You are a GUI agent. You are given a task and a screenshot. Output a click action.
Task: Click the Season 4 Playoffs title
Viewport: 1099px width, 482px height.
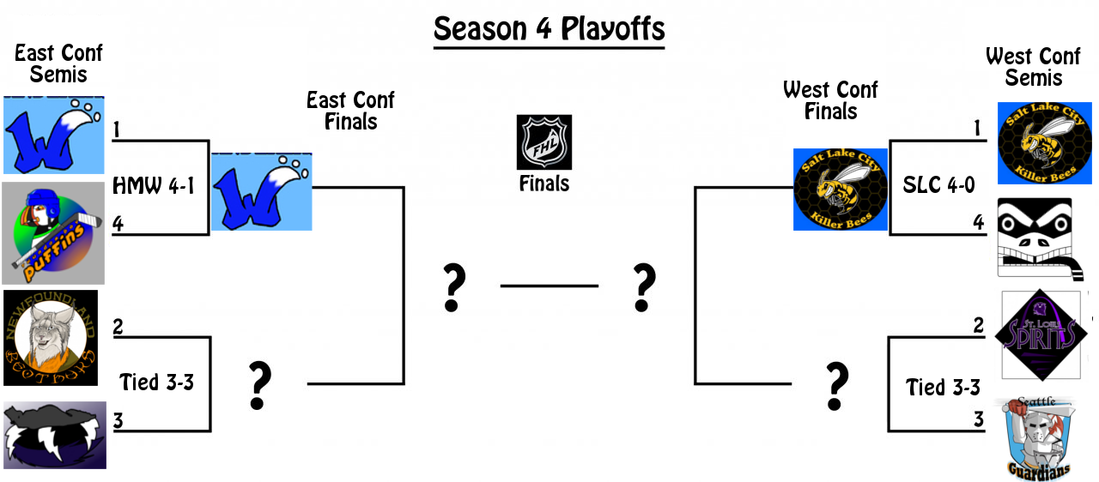[x=549, y=29]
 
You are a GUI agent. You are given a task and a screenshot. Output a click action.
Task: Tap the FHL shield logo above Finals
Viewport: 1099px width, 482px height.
[x=543, y=142]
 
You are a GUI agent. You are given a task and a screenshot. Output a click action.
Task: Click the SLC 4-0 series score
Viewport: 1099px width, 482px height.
[x=938, y=184]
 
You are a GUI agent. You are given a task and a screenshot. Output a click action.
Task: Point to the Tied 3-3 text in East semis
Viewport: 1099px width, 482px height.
[x=157, y=382]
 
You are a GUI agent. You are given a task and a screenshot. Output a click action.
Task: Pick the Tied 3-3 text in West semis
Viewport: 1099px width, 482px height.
[x=943, y=388]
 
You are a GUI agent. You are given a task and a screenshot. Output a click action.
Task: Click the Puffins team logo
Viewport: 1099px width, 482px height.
[x=52, y=232]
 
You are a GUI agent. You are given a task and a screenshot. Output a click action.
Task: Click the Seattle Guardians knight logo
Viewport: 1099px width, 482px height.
[x=1039, y=436]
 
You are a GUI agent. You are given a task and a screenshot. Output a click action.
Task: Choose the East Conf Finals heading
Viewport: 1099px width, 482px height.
[x=350, y=111]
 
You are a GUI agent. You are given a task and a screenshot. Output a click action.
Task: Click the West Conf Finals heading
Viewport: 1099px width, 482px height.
[x=830, y=101]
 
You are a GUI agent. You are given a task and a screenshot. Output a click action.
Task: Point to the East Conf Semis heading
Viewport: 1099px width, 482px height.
[x=58, y=63]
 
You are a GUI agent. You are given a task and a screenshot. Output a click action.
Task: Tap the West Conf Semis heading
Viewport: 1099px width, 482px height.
[x=1033, y=67]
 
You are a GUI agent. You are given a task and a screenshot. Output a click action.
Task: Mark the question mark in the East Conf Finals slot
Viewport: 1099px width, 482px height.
[x=258, y=385]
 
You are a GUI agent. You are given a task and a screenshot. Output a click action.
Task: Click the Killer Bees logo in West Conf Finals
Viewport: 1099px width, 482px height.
[x=841, y=190]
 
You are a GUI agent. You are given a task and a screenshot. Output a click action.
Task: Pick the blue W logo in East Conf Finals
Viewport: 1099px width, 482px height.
[x=261, y=192]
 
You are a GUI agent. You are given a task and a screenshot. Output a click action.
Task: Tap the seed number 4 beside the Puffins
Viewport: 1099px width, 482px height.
[x=118, y=224]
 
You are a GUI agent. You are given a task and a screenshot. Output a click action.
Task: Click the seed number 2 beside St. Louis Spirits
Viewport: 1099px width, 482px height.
[x=977, y=327]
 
